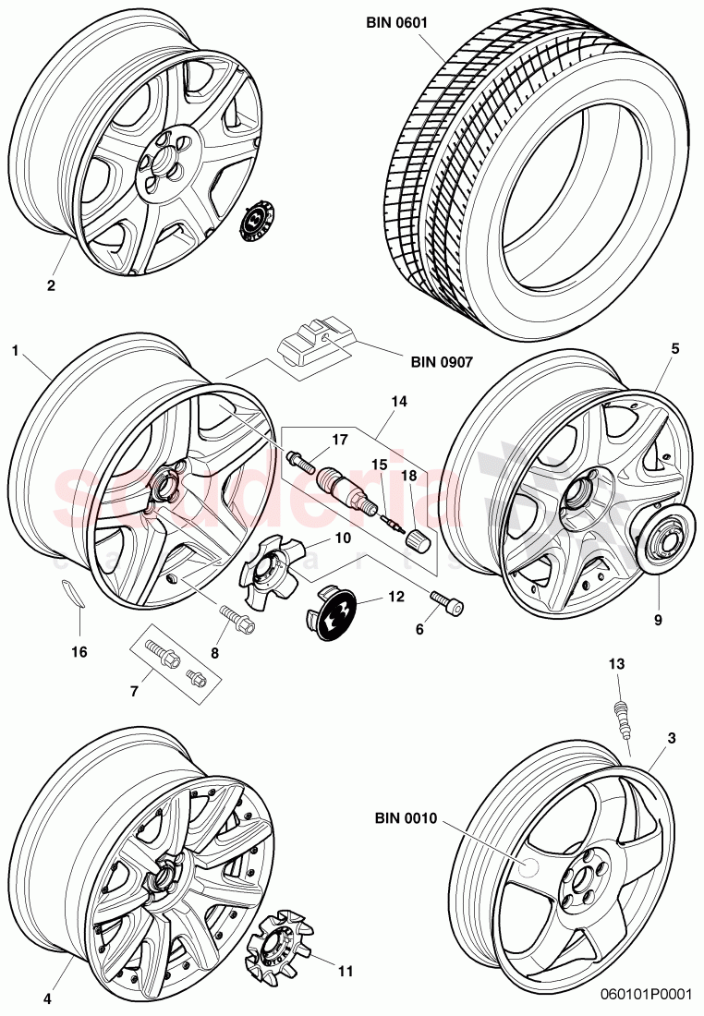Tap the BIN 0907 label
pos(438,362)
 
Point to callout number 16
pos(79,652)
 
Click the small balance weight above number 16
pos(73,592)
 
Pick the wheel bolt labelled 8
pos(232,614)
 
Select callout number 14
pos(398,403)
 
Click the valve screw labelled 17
pos(301,457)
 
